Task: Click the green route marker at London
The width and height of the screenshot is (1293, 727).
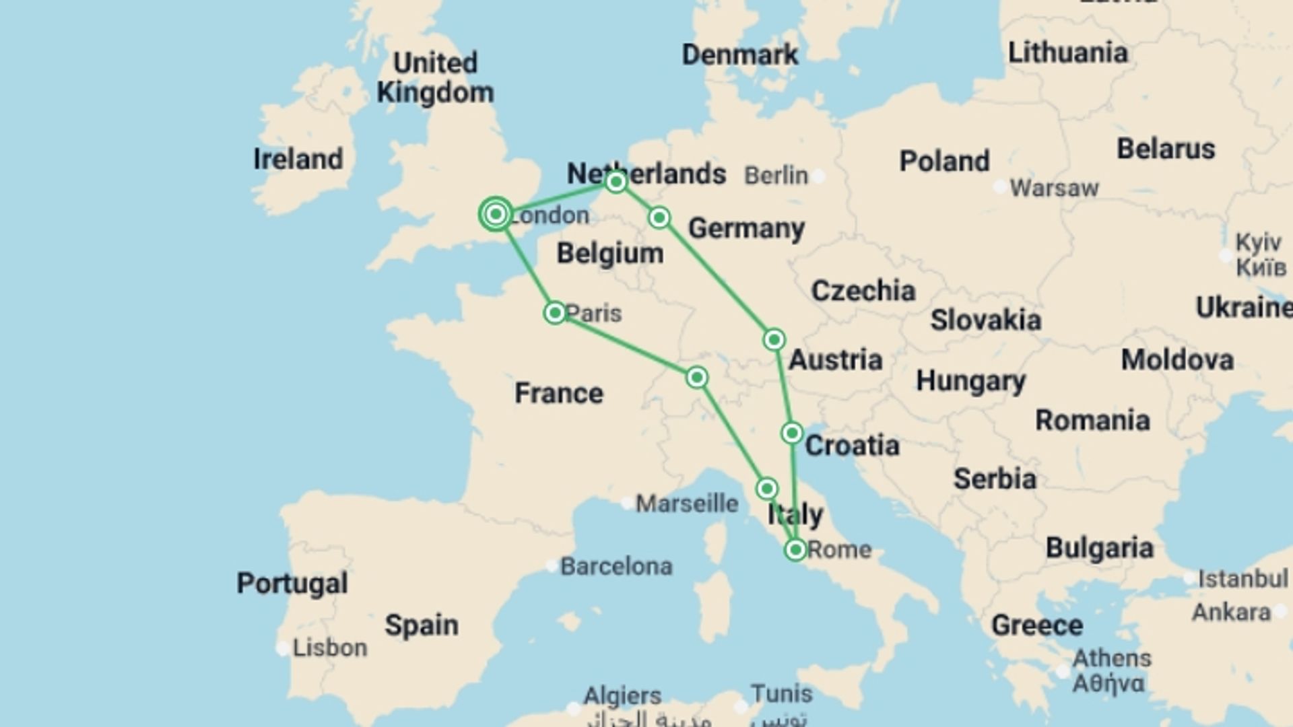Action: [x=496, y=214]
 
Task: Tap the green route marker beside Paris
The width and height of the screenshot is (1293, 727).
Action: [x=555, y=312]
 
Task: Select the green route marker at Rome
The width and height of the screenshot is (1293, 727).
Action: [x=795, y=550]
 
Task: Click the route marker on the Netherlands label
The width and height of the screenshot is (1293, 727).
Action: [x=616, y=182]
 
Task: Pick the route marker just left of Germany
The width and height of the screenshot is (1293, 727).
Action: [x=659, y=217]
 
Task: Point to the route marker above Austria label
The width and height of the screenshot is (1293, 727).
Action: [x=774, y=339]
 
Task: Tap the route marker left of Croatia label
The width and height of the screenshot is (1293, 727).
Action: [x=793, y=433]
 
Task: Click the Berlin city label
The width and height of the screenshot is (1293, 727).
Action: [x=776, y=176]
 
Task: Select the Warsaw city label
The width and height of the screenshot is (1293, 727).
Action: [x=1054, y=188]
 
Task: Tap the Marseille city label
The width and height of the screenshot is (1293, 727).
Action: [x=687, y=504]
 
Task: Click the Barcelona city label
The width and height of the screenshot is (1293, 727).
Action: [x=616, y=566]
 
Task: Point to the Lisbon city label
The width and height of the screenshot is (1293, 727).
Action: [x=330, y=648]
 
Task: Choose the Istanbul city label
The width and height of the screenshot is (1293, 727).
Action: [x=1242, y=578]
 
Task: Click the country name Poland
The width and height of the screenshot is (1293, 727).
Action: [x=944, y=162]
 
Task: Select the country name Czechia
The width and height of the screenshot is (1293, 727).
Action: [x=863, y=291]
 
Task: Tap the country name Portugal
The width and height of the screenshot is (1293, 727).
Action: [x=292, y=583]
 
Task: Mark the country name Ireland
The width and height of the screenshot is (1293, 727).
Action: [x=298, y=160]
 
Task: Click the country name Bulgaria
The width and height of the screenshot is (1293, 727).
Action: [x=1099, y=548]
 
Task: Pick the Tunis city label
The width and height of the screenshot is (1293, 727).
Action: [x=781, y=693]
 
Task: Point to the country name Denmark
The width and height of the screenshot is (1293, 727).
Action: [x=739, y=55]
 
